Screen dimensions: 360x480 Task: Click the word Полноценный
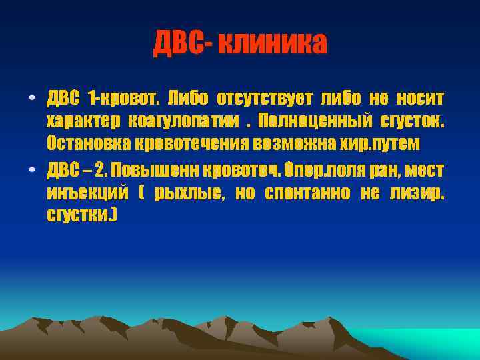tap(313, 122)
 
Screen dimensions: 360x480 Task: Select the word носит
tap(419, 99)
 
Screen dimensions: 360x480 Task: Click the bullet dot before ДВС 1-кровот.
tap(31, 100)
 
